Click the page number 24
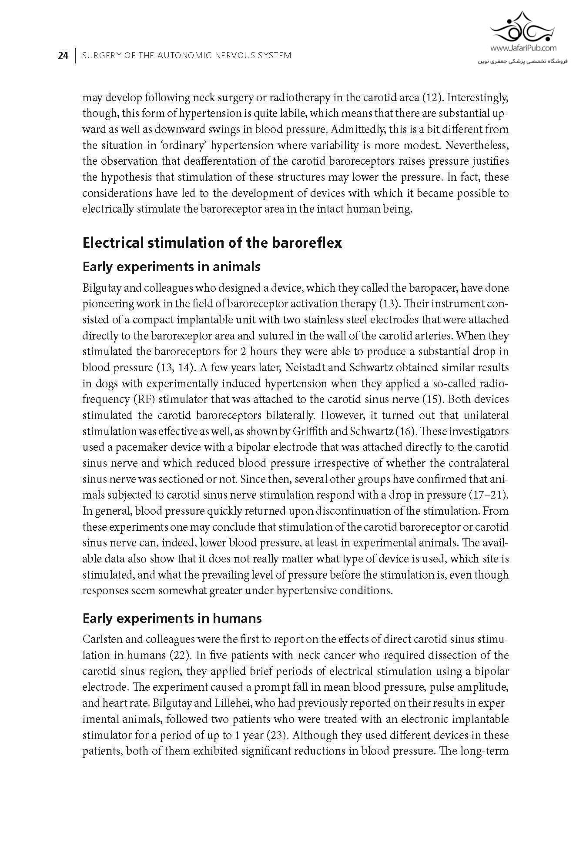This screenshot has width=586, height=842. [63, 56]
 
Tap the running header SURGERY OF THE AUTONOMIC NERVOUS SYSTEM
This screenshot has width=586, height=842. [187, 56]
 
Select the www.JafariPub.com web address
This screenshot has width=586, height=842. [523, 49]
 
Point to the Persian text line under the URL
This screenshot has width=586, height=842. [523, 61]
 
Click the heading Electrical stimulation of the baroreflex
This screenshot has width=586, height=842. [212, 242]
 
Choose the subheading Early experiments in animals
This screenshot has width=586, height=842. [171, 266]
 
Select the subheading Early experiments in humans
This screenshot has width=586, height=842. [172, 618]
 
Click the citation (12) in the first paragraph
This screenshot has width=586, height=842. [432, 97]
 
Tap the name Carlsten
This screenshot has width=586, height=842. [99, 639]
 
